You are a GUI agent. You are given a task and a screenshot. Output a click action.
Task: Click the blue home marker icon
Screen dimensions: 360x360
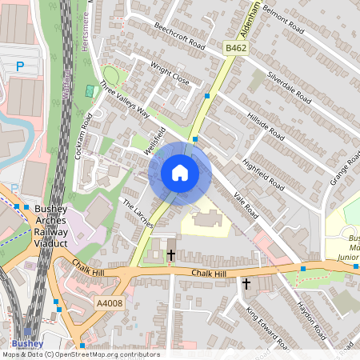click(x=180, y=172)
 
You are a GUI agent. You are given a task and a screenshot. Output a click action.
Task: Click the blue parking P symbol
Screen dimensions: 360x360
click(x=21, y=68)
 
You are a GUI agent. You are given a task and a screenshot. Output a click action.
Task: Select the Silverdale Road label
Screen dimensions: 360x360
click(x=289, y=84)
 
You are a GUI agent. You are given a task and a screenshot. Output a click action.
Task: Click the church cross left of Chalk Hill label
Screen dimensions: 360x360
click(x=170, y=256)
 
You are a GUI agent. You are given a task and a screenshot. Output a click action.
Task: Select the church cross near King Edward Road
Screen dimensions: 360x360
click(x=246, y=283)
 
